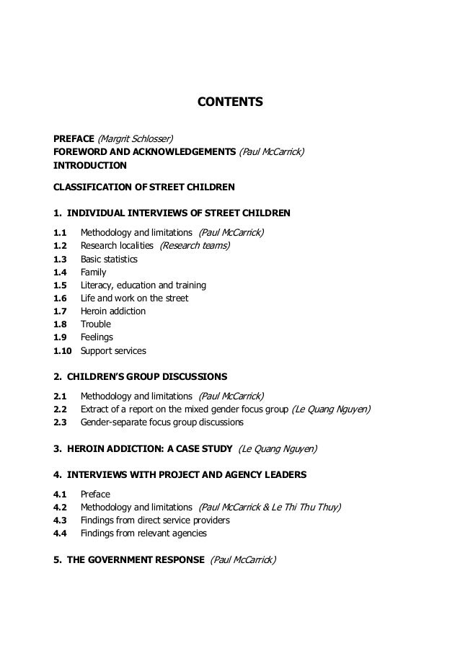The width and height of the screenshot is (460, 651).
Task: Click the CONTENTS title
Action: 230,102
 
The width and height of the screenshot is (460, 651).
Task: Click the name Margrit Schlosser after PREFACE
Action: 136,138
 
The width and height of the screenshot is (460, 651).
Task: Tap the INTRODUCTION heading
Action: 90,165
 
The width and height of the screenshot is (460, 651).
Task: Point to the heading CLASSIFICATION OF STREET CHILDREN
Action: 144,187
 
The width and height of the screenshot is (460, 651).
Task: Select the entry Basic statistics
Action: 109,260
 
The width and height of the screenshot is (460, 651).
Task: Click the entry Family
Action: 93,273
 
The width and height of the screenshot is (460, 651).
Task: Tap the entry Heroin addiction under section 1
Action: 113,311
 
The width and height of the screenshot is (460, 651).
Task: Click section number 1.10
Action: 63,351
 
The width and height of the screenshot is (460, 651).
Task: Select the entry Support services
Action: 113,351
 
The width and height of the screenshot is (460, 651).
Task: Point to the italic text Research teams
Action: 195,246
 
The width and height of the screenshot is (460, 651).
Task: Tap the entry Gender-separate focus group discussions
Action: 162,422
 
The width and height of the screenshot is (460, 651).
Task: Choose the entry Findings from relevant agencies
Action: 143,533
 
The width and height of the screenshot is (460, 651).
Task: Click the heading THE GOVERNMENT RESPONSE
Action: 136,559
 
